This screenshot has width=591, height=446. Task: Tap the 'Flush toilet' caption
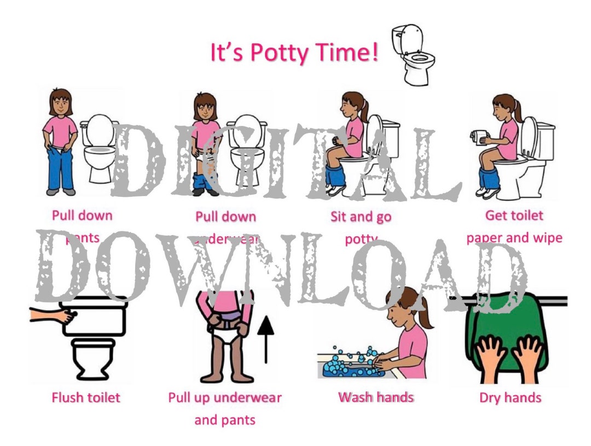tap(86, 397)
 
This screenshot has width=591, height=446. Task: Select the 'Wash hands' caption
tap(376, 397)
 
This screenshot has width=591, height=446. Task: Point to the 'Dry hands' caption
tap(510, 398)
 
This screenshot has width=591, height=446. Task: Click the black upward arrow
tap(266, 339)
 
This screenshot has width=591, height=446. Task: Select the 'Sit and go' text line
tap(361, 216)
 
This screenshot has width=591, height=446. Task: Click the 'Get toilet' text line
tap(514, 215)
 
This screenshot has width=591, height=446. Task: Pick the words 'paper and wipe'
tap(514, 238)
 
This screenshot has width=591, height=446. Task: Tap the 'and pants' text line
tap(225, 420)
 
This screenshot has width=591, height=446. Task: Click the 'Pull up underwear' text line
tap(225, 397)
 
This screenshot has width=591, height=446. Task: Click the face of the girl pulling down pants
tap(60, 105)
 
